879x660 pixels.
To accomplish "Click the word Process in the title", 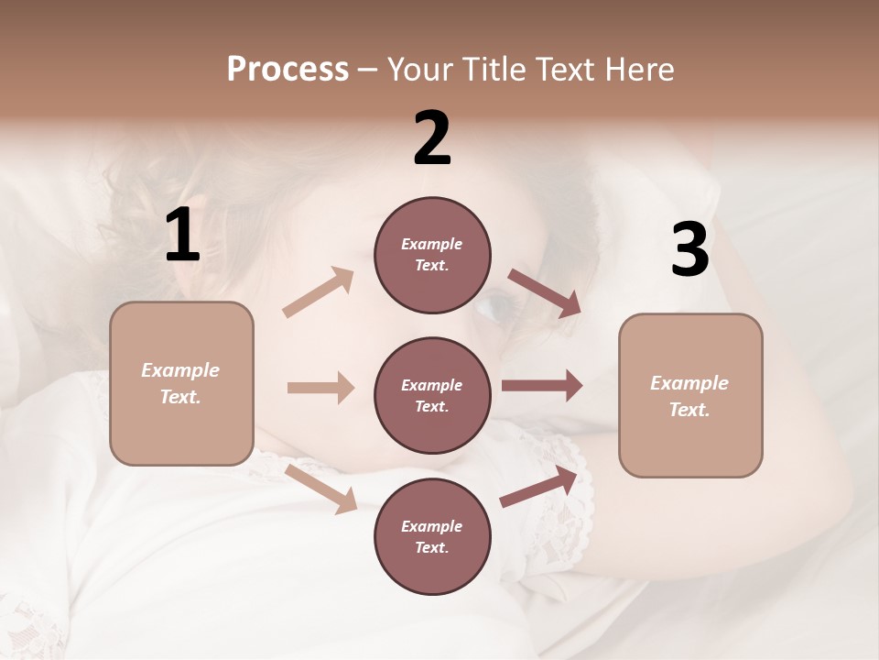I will tap(288, 70).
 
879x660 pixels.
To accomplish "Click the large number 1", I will tap(182, 236).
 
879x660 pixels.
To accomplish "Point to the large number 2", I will tap(432, 138).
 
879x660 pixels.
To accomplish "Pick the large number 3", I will tap(689, 250).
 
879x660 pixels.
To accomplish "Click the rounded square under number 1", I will tap(181, 383).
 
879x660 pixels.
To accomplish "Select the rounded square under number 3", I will tap(690, 395).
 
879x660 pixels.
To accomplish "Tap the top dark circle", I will tap(432, 255).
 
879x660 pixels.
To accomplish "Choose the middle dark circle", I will tap(432, 395).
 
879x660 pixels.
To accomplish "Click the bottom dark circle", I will tap(432, 536).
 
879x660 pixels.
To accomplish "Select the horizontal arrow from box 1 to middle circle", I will tap(320, 388).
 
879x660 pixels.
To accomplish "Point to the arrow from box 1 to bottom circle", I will tap(321, 489).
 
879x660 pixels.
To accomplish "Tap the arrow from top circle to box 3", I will tap(544, 292).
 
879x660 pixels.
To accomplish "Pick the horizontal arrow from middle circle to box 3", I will tap(541, 386).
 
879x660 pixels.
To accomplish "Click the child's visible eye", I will tap(492, 306).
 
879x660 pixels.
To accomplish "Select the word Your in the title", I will tap(418, 70).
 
